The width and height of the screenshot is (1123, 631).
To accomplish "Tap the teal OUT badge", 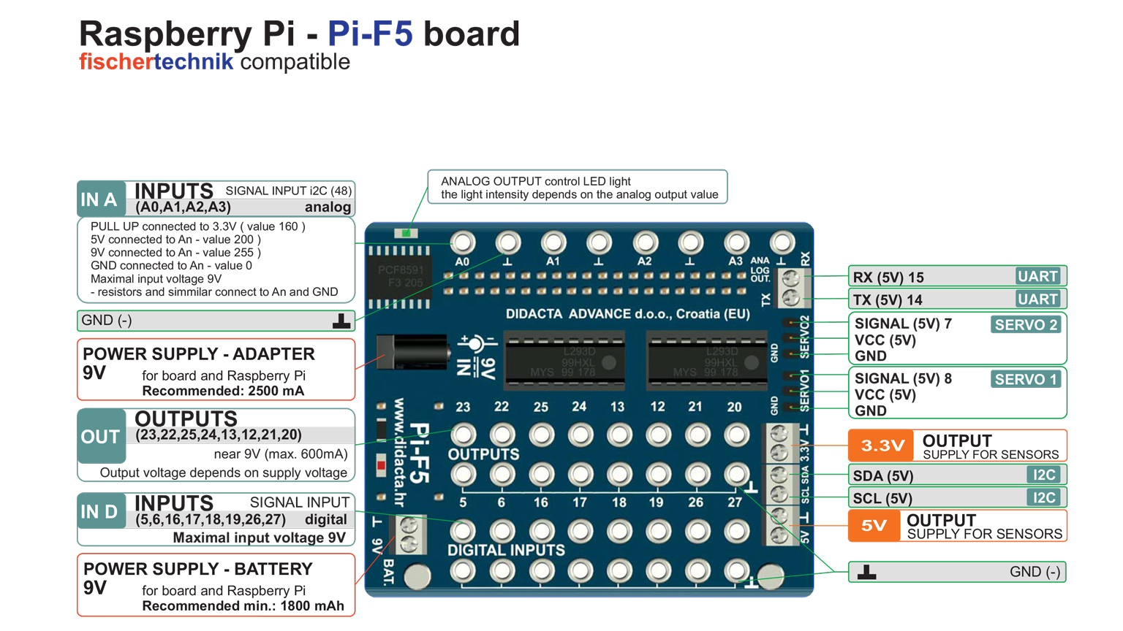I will (101, 437).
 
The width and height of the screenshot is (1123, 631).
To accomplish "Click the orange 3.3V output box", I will (881, 445).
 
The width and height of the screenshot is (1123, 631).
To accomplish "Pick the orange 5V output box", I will (874, 525).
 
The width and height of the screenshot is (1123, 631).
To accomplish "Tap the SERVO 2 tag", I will (1026, 325).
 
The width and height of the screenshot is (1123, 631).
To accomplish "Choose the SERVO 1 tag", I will (1026, 379).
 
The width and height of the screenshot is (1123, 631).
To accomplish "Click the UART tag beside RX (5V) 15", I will (1037, 276).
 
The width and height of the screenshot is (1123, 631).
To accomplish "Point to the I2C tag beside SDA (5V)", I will (1044, 475).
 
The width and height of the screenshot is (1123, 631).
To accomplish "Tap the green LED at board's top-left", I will (406, 233).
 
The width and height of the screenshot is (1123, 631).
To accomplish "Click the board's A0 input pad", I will (462, 242).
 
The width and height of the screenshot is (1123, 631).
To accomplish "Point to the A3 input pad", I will (736, 242).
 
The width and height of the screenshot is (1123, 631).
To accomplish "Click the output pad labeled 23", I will (463, 435).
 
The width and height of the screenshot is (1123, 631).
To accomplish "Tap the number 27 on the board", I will (734, 502).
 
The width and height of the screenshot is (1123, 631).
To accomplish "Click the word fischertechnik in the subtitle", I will (156, 62).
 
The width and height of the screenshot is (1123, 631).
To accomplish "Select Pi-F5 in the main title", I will (370, 34).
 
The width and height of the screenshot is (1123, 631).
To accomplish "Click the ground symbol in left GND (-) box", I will (341, 321).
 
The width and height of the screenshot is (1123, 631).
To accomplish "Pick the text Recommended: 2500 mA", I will (223, 391).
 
